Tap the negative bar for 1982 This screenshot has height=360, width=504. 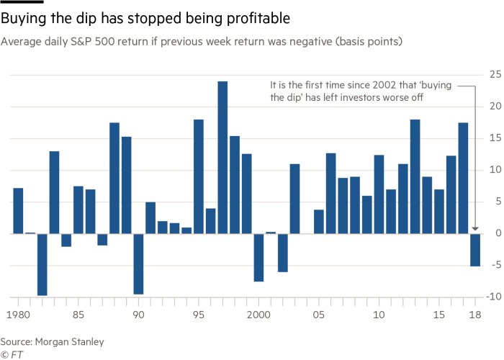pyautogui.click(x=42, y=264)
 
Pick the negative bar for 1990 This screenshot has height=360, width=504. pyautogui.click(x=138, y=264)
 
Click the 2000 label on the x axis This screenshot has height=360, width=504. pyautogui.click(x=258, y=315)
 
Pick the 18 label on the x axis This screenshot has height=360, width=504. pyautogui.click(x=475, y=315)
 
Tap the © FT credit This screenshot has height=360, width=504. pyautogui.click(x=9, y=354)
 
